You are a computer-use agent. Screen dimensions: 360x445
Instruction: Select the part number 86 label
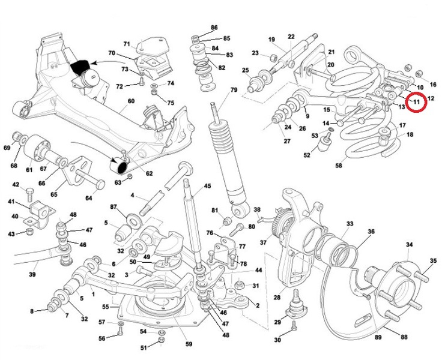tap(214, 28)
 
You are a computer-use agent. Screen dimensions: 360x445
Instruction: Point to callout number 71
tap(127, 44)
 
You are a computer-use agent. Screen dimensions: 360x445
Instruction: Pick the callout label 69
tap(7, 148)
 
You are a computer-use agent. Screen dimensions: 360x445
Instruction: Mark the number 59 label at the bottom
tap(189, 344)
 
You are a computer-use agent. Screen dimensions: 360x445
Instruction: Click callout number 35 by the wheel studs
tap(433, 261)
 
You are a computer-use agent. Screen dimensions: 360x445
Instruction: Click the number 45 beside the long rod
tap(208, 186)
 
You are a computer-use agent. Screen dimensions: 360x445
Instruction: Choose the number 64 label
tap(88, 199)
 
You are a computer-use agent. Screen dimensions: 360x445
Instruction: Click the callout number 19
tap(271, 40)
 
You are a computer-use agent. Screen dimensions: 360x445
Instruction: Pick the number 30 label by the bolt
tap(277, 340)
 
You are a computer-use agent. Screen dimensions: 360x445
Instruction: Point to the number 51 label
tap(144, 347)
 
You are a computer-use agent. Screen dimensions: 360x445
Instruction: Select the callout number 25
tap(245, 71)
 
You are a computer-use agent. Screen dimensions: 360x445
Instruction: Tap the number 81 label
tap(214, 211)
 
